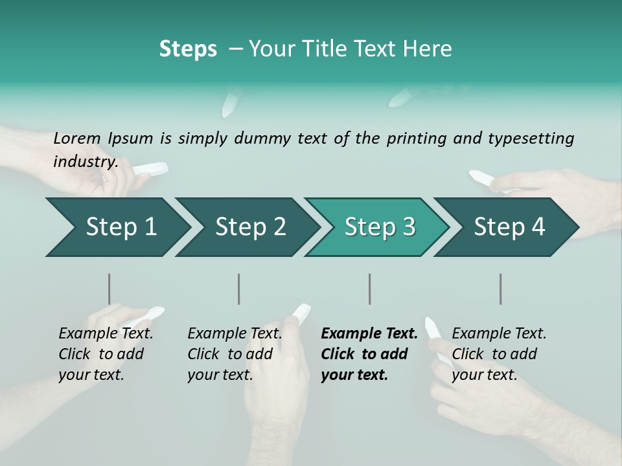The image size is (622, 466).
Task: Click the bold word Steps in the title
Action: (188, 49)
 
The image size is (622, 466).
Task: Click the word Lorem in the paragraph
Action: (77, 139)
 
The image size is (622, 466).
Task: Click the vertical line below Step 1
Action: (109, 289)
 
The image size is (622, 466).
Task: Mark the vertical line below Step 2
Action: (239, 289)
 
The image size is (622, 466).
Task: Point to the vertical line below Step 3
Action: (369, 289)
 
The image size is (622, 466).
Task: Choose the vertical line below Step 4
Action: (500, 289)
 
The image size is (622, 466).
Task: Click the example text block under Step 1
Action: (106, 354)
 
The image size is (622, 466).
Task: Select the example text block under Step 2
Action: (235, 354)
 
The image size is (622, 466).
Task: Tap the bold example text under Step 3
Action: (369, 354)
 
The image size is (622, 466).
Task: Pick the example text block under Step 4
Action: (499, 354)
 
